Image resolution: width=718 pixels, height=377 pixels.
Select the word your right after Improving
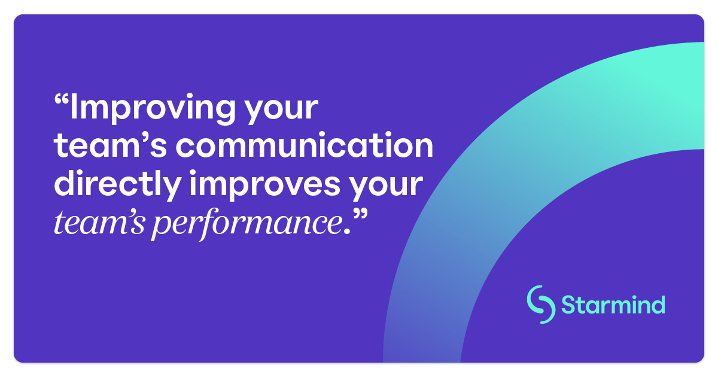(x=281, y=111)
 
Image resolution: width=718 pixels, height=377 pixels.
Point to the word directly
(x=117, y=186)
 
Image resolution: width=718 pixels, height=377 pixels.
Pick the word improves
(x=264, y=186)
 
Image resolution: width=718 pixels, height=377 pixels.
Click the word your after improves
(x=386, y=188)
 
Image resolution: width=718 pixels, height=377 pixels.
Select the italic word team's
(x=99, y=223)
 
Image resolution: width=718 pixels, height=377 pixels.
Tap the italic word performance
(x=247, y=224)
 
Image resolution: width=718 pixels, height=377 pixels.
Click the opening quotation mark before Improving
(x=62, y=100)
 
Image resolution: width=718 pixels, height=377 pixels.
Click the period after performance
(x=347, y=232)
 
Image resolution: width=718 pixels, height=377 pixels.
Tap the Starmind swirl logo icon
(x=541, y=305)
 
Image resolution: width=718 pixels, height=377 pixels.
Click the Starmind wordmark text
(x=613, y=304)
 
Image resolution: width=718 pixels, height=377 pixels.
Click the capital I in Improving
(x=73, y=107)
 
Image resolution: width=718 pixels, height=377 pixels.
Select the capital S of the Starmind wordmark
(x=569, y=305)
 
